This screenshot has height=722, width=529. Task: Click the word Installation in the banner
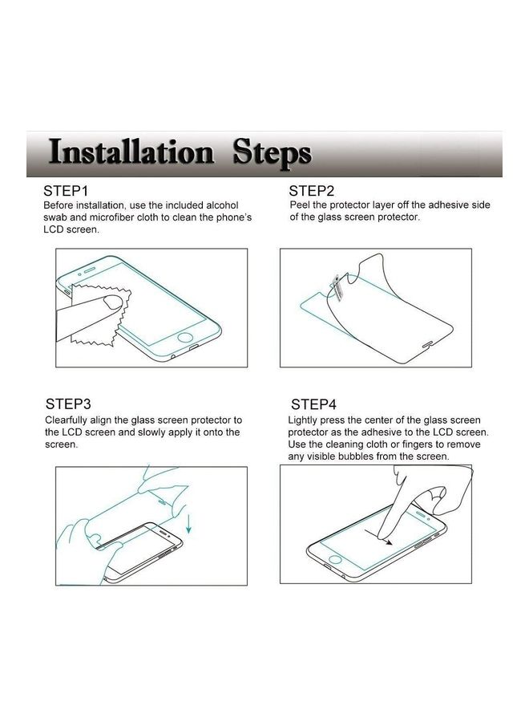130,152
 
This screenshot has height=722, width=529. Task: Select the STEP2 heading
312,191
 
